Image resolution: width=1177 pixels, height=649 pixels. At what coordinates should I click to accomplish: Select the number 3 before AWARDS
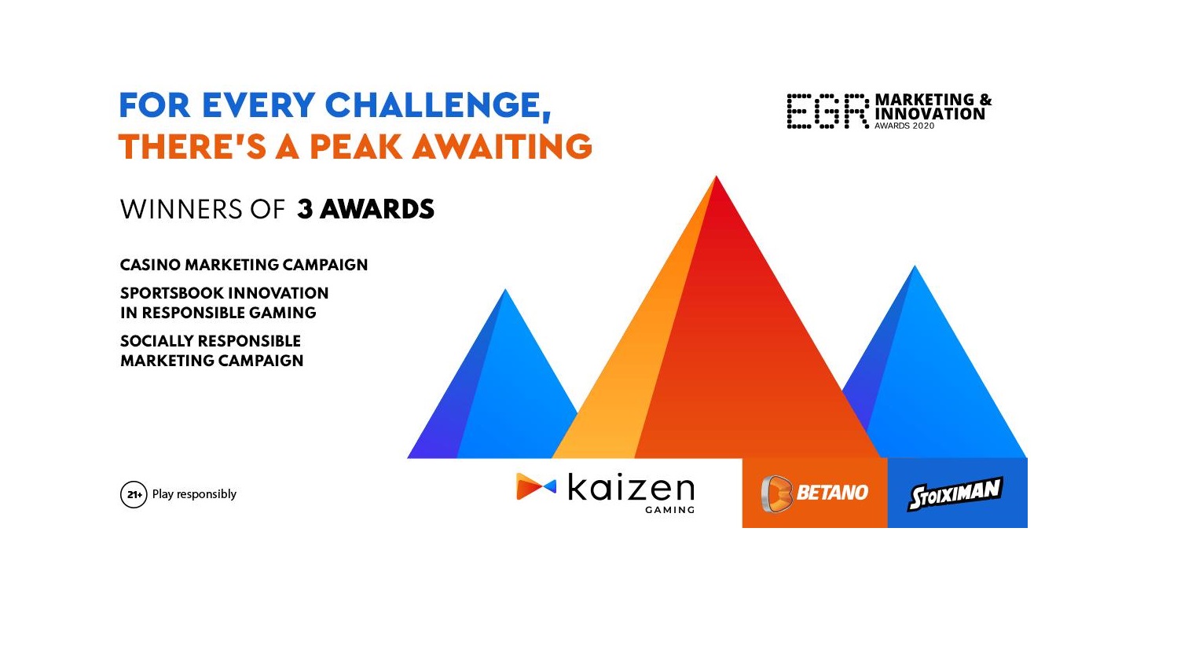pos(305,209)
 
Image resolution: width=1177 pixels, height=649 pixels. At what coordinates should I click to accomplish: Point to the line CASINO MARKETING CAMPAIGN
pos(244,265)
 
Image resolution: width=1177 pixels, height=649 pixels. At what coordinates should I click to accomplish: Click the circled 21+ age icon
pos(134,494)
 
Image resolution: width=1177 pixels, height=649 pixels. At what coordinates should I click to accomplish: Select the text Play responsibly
pos(194,494)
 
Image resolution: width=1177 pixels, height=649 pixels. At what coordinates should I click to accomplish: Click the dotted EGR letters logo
pos(827,111)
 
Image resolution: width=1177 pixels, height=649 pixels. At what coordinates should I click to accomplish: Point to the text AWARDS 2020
pos(904,126)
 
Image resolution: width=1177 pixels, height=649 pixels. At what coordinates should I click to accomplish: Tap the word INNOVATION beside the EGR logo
pos(929,114)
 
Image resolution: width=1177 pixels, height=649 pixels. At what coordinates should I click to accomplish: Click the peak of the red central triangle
pos(717,179)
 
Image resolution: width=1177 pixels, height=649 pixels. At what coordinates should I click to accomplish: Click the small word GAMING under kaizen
pos(669,510)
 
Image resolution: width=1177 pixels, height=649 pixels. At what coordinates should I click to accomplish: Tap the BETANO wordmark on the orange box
pos(832,493)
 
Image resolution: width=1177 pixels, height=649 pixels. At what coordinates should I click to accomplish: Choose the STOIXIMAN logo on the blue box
pos(955,493)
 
